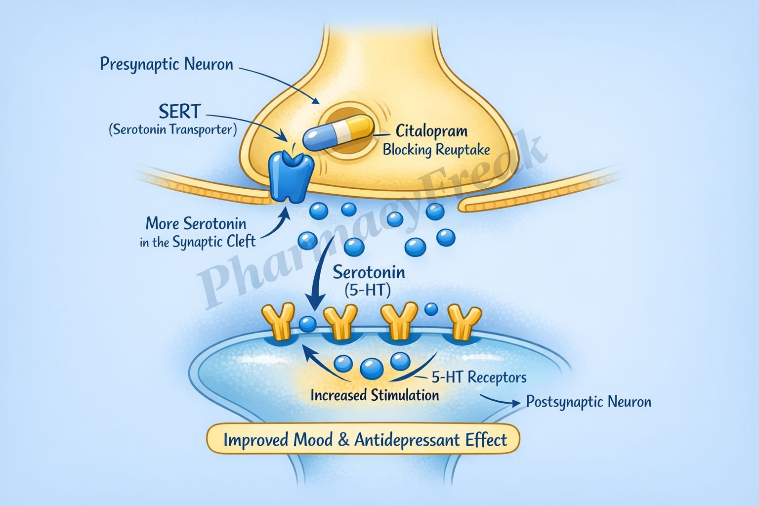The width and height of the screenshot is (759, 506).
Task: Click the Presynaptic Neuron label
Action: click(x=166, y=64)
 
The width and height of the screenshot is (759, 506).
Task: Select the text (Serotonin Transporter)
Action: click(x=172, y=129)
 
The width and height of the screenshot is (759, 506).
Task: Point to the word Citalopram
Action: click(x=431, y=131)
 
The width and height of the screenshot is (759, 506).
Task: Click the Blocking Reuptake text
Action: click(x=436, y=149)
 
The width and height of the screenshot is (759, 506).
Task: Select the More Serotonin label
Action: click(x=196, y=223)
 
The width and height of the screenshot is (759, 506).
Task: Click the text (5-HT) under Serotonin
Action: click(x=367, y=291)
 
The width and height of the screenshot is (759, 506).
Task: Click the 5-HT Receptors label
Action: click(x=478, y=378)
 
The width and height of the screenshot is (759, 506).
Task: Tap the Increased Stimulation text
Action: click(x=375, y=395)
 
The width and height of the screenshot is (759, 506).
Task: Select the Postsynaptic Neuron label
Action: click(x=588, y=402)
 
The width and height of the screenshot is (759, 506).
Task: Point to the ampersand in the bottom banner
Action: click(x=343, y=440)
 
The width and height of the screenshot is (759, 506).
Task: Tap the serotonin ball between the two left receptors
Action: click(x=308, y=324)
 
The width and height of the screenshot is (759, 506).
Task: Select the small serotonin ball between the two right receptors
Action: click(x=431, y=309)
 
